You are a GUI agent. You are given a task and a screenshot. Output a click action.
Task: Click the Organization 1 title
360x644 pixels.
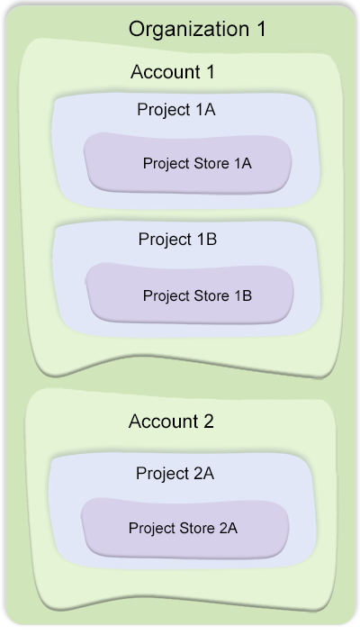pos(197,30)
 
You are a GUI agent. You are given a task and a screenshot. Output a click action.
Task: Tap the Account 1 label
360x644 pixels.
pos(173,72)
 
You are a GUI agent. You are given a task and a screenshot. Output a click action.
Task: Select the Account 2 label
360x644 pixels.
pos(171,422)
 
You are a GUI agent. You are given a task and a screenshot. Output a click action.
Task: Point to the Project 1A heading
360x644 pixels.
pos(176,110)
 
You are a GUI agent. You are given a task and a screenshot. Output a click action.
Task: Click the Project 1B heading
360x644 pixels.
pos(177,240)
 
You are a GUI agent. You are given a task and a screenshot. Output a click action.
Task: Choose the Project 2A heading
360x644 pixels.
pos(175,474)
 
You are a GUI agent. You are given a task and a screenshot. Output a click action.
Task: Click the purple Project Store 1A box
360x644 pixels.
pos(188,162)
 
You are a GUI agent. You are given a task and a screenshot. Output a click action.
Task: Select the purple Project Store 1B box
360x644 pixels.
pos(190,293)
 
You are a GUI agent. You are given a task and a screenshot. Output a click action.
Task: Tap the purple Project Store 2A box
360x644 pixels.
pos(185,528)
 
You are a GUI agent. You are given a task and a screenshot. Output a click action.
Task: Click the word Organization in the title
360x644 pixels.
pos(189,30)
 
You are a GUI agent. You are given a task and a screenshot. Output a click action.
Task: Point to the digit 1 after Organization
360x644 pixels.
pos(262,30)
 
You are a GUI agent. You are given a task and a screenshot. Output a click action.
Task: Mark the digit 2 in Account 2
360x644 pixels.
pos(208,422)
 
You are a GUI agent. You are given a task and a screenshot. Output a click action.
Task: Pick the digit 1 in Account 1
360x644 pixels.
pos(210,72)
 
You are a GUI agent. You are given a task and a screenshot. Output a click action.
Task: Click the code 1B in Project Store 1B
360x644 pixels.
pos(243,295)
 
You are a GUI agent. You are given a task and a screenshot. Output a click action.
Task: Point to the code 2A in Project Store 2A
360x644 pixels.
pos(229,528)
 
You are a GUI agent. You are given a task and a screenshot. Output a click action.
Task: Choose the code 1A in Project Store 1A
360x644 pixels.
pos(243,163)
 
